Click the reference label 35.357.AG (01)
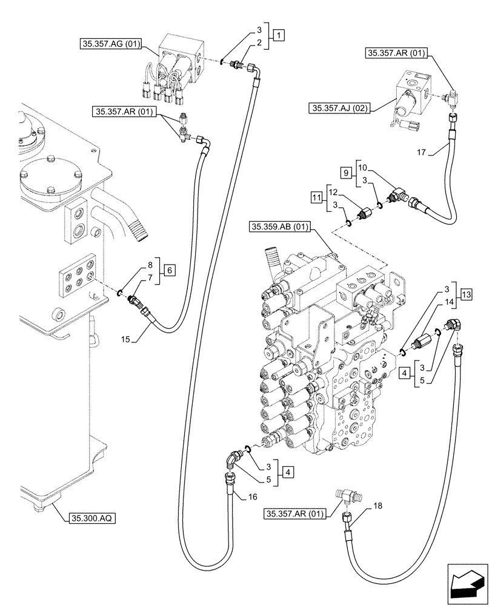pyautogui.click(x=111, y=44)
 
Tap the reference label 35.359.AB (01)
pyautogui.click(x=279, y=228)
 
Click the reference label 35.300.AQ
pyautogui.click(x=92, y=518)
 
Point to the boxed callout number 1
pyautogui.click(x=278, y=35)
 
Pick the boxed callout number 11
pyautogui.click(x=317, y=197)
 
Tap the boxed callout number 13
pyautogui.click(x=465, y=294)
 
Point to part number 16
pyautogui.click(x=253, y=497)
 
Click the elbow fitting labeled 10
pyautogui.click(x=401, y=195)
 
